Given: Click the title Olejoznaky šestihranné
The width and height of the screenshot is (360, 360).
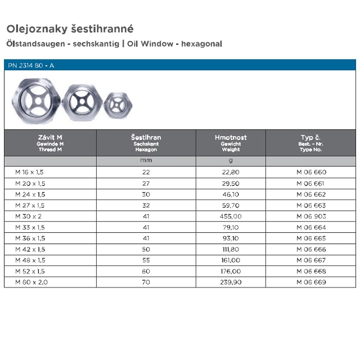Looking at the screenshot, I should click(70, 28).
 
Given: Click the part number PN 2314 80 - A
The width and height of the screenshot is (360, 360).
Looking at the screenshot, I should click(31, 65).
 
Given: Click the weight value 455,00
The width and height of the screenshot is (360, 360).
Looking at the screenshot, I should click(231, 215).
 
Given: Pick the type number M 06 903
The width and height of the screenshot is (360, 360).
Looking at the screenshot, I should click(310, 215).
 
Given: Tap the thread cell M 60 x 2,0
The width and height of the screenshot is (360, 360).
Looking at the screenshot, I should click(28, 282).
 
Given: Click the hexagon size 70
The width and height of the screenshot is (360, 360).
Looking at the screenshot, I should click(146, 282).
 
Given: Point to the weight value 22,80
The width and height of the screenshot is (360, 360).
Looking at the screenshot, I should click(231, 173).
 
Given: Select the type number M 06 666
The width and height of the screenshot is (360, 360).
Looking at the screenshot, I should click(310, 249).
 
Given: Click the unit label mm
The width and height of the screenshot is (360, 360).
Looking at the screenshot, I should click(146, 161).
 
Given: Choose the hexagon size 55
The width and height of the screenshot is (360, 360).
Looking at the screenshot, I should click(146, 260).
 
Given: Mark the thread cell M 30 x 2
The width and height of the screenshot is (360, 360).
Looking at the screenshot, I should click(25, 215).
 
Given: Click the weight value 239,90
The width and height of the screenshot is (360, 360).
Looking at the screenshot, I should click(231, 282).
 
